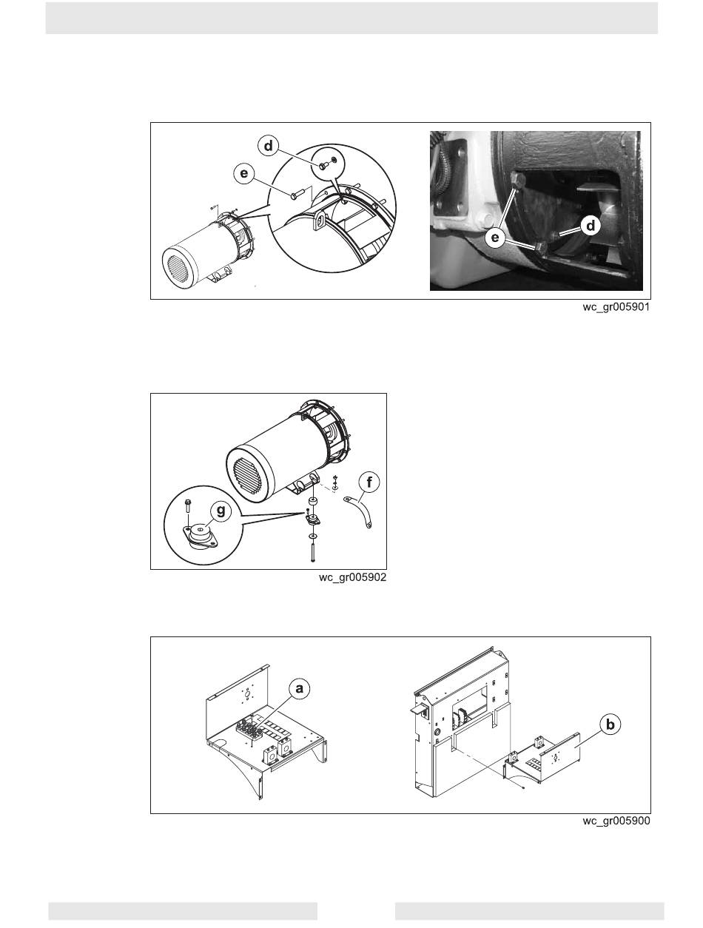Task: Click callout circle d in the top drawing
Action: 269,147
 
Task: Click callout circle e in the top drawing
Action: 244,173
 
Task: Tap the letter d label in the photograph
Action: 590,226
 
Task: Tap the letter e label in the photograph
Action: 494,238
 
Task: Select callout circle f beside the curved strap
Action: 369,483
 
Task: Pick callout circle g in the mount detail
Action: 221,511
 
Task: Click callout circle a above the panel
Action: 299,690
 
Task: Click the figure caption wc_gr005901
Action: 616,307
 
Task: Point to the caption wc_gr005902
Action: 352,577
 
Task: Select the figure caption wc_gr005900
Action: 616,821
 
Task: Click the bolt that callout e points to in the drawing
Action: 297,195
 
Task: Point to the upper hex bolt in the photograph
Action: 518,181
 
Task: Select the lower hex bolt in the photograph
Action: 539,248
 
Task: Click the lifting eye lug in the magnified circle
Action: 319,221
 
